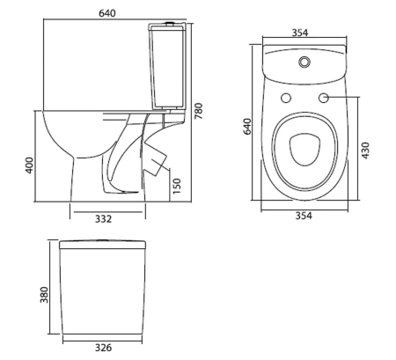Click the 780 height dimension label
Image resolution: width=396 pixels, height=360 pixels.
(x=199, y=111)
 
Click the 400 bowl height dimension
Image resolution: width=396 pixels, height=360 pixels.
(x=30, y=165)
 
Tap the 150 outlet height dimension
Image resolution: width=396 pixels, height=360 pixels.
(x=177, y=186)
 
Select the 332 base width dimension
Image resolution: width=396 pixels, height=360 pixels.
(x=103, y=219)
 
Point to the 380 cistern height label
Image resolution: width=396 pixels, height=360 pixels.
(x=44, y=295)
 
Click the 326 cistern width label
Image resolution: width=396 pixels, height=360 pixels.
(x=103, y=348)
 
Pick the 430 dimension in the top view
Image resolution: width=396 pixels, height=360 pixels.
(x=365, y=151)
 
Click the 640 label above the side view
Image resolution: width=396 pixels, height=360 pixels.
(x=107, y=13)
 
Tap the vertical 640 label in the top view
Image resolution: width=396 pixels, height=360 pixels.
(x=247, y=126)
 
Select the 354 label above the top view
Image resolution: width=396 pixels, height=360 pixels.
(x=300, y=33)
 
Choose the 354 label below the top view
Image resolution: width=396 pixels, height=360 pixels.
(x=304, y=216)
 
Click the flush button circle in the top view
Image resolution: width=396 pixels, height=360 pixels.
(x=304, y=62)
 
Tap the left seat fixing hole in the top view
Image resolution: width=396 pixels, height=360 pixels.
(x=286, y=98)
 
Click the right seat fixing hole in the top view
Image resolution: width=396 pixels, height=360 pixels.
(x=324, y=98)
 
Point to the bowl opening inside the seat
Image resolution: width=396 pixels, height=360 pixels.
(x=304, y=150)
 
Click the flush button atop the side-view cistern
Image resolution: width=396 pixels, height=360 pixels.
(x=170, y=24)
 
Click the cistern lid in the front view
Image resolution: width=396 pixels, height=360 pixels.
(x=103, y=245)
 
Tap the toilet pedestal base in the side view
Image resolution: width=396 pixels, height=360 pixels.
(x=108, y=180)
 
